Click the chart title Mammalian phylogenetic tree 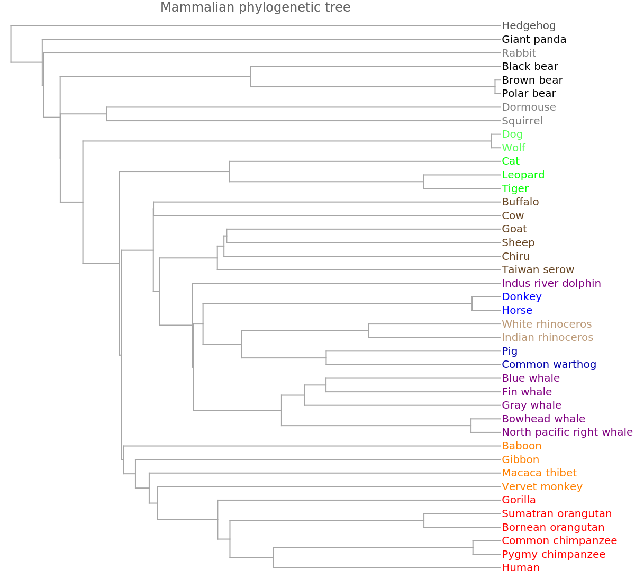coord(255,7)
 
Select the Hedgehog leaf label coord(529,25)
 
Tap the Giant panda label coord(534,39)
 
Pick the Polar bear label coord(529,94)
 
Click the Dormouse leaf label coord(529,107)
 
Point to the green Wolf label coord(513,148)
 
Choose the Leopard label coord(523,175)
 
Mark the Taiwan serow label coord(538,269)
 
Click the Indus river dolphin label coord(551,283)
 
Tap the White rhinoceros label coord(547,323)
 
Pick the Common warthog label coord(549,364)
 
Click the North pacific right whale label coord(567,432)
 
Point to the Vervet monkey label coord(542,486)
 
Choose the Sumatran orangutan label coord(557,513)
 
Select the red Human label coord(521,568)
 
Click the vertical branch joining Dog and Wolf coord(492,141)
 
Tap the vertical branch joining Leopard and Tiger coord(423,182)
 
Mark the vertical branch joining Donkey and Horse coord(473,303)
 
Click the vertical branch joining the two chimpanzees coord(473,547)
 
